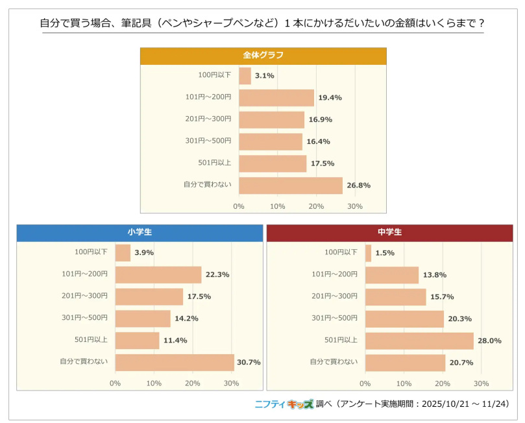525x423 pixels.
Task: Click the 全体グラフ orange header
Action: pyautogui.click(x=263, y=55)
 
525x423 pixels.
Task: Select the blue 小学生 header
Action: pyautogui.click(x=140, y=232)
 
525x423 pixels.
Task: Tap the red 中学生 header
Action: pyautogui.click(x=389, y=232)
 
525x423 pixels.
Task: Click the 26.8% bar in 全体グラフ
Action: pyautogui.click(x=290, y=186)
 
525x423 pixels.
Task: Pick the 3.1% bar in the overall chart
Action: pyautogui.click(x=245, y=76)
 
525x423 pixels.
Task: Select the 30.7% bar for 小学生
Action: pyautogui.click(x=175, y=363)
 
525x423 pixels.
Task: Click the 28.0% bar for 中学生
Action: pyautogui.click(x=419, y=341)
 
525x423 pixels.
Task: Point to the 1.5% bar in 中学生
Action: pyautogui.click(x=368, y=253)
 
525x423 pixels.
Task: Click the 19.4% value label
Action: pyautogui.click(x=330, y=98)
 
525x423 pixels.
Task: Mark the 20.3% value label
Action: pyautogui.click(x=459, y=319)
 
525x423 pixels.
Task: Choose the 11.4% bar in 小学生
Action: pyautogui.click(x=137, y=341)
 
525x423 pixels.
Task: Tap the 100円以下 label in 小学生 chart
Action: pyautogui.click(x=92, y=252)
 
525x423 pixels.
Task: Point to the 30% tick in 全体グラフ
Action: pyautogui.click(x=355, y=206)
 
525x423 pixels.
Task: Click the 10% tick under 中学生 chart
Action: pyautogui.click(x=404, y=383)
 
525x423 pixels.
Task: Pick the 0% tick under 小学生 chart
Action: pyautogui.click(x=116, y=383)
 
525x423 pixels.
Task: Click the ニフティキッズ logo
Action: pyautogui.click(x=284, y=404)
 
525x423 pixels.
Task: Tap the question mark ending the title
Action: pyautogui.click(x=481, y=23)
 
